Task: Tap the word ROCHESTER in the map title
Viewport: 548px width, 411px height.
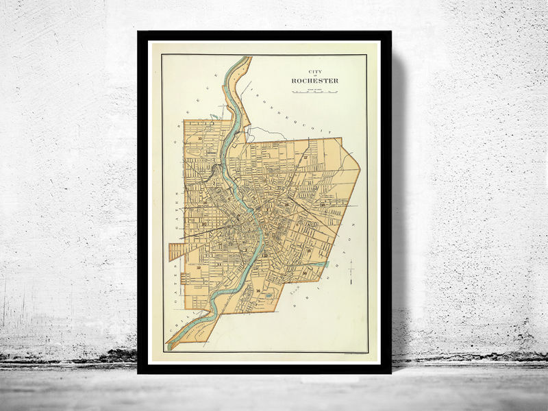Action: tap(314, 81)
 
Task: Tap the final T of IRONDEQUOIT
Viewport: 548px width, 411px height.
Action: tap(329, 132)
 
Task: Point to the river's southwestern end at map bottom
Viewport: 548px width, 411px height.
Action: tap(171, 345)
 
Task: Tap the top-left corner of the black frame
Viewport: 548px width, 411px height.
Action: tap(139, 32)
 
